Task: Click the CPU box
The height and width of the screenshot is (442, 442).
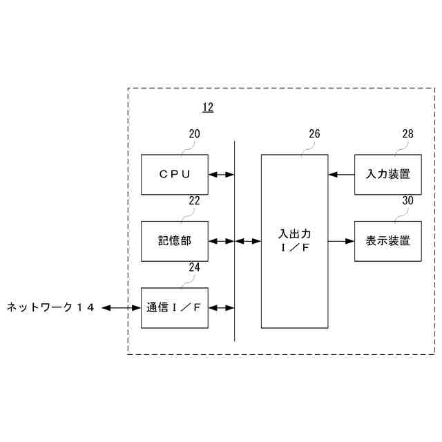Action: [174, 175]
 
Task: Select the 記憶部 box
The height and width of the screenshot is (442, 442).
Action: [174, 241]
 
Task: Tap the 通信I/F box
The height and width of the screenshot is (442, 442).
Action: [174, 307]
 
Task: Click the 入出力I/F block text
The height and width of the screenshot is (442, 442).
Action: [295, 241]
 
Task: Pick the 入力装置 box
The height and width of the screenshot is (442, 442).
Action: [387, 175]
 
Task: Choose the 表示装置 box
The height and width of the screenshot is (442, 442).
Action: [387, 241]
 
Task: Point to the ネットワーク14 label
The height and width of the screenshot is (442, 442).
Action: [50, 307]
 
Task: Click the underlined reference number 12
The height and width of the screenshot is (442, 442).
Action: [207, 107]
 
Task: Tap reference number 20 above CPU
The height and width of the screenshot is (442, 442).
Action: [194, 135]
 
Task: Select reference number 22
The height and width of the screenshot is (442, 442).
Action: [194, 201]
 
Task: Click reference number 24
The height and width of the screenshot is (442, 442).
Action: [194, 267]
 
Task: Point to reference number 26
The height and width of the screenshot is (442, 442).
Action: [314, 135]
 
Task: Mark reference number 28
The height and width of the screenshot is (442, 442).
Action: [407, 135]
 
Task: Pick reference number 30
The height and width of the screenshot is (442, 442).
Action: [407, 201]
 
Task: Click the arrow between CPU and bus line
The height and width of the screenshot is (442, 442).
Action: [221, 175]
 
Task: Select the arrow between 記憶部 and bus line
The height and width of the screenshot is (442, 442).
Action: [221, 241]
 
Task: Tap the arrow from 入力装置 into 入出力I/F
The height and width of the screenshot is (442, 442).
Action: [342, 175]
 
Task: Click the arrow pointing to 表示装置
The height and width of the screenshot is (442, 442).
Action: [342, 241]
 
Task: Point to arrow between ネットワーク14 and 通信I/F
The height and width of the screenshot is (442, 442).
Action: [122, 307]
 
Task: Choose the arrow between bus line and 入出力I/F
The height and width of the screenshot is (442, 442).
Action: [248, 241]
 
